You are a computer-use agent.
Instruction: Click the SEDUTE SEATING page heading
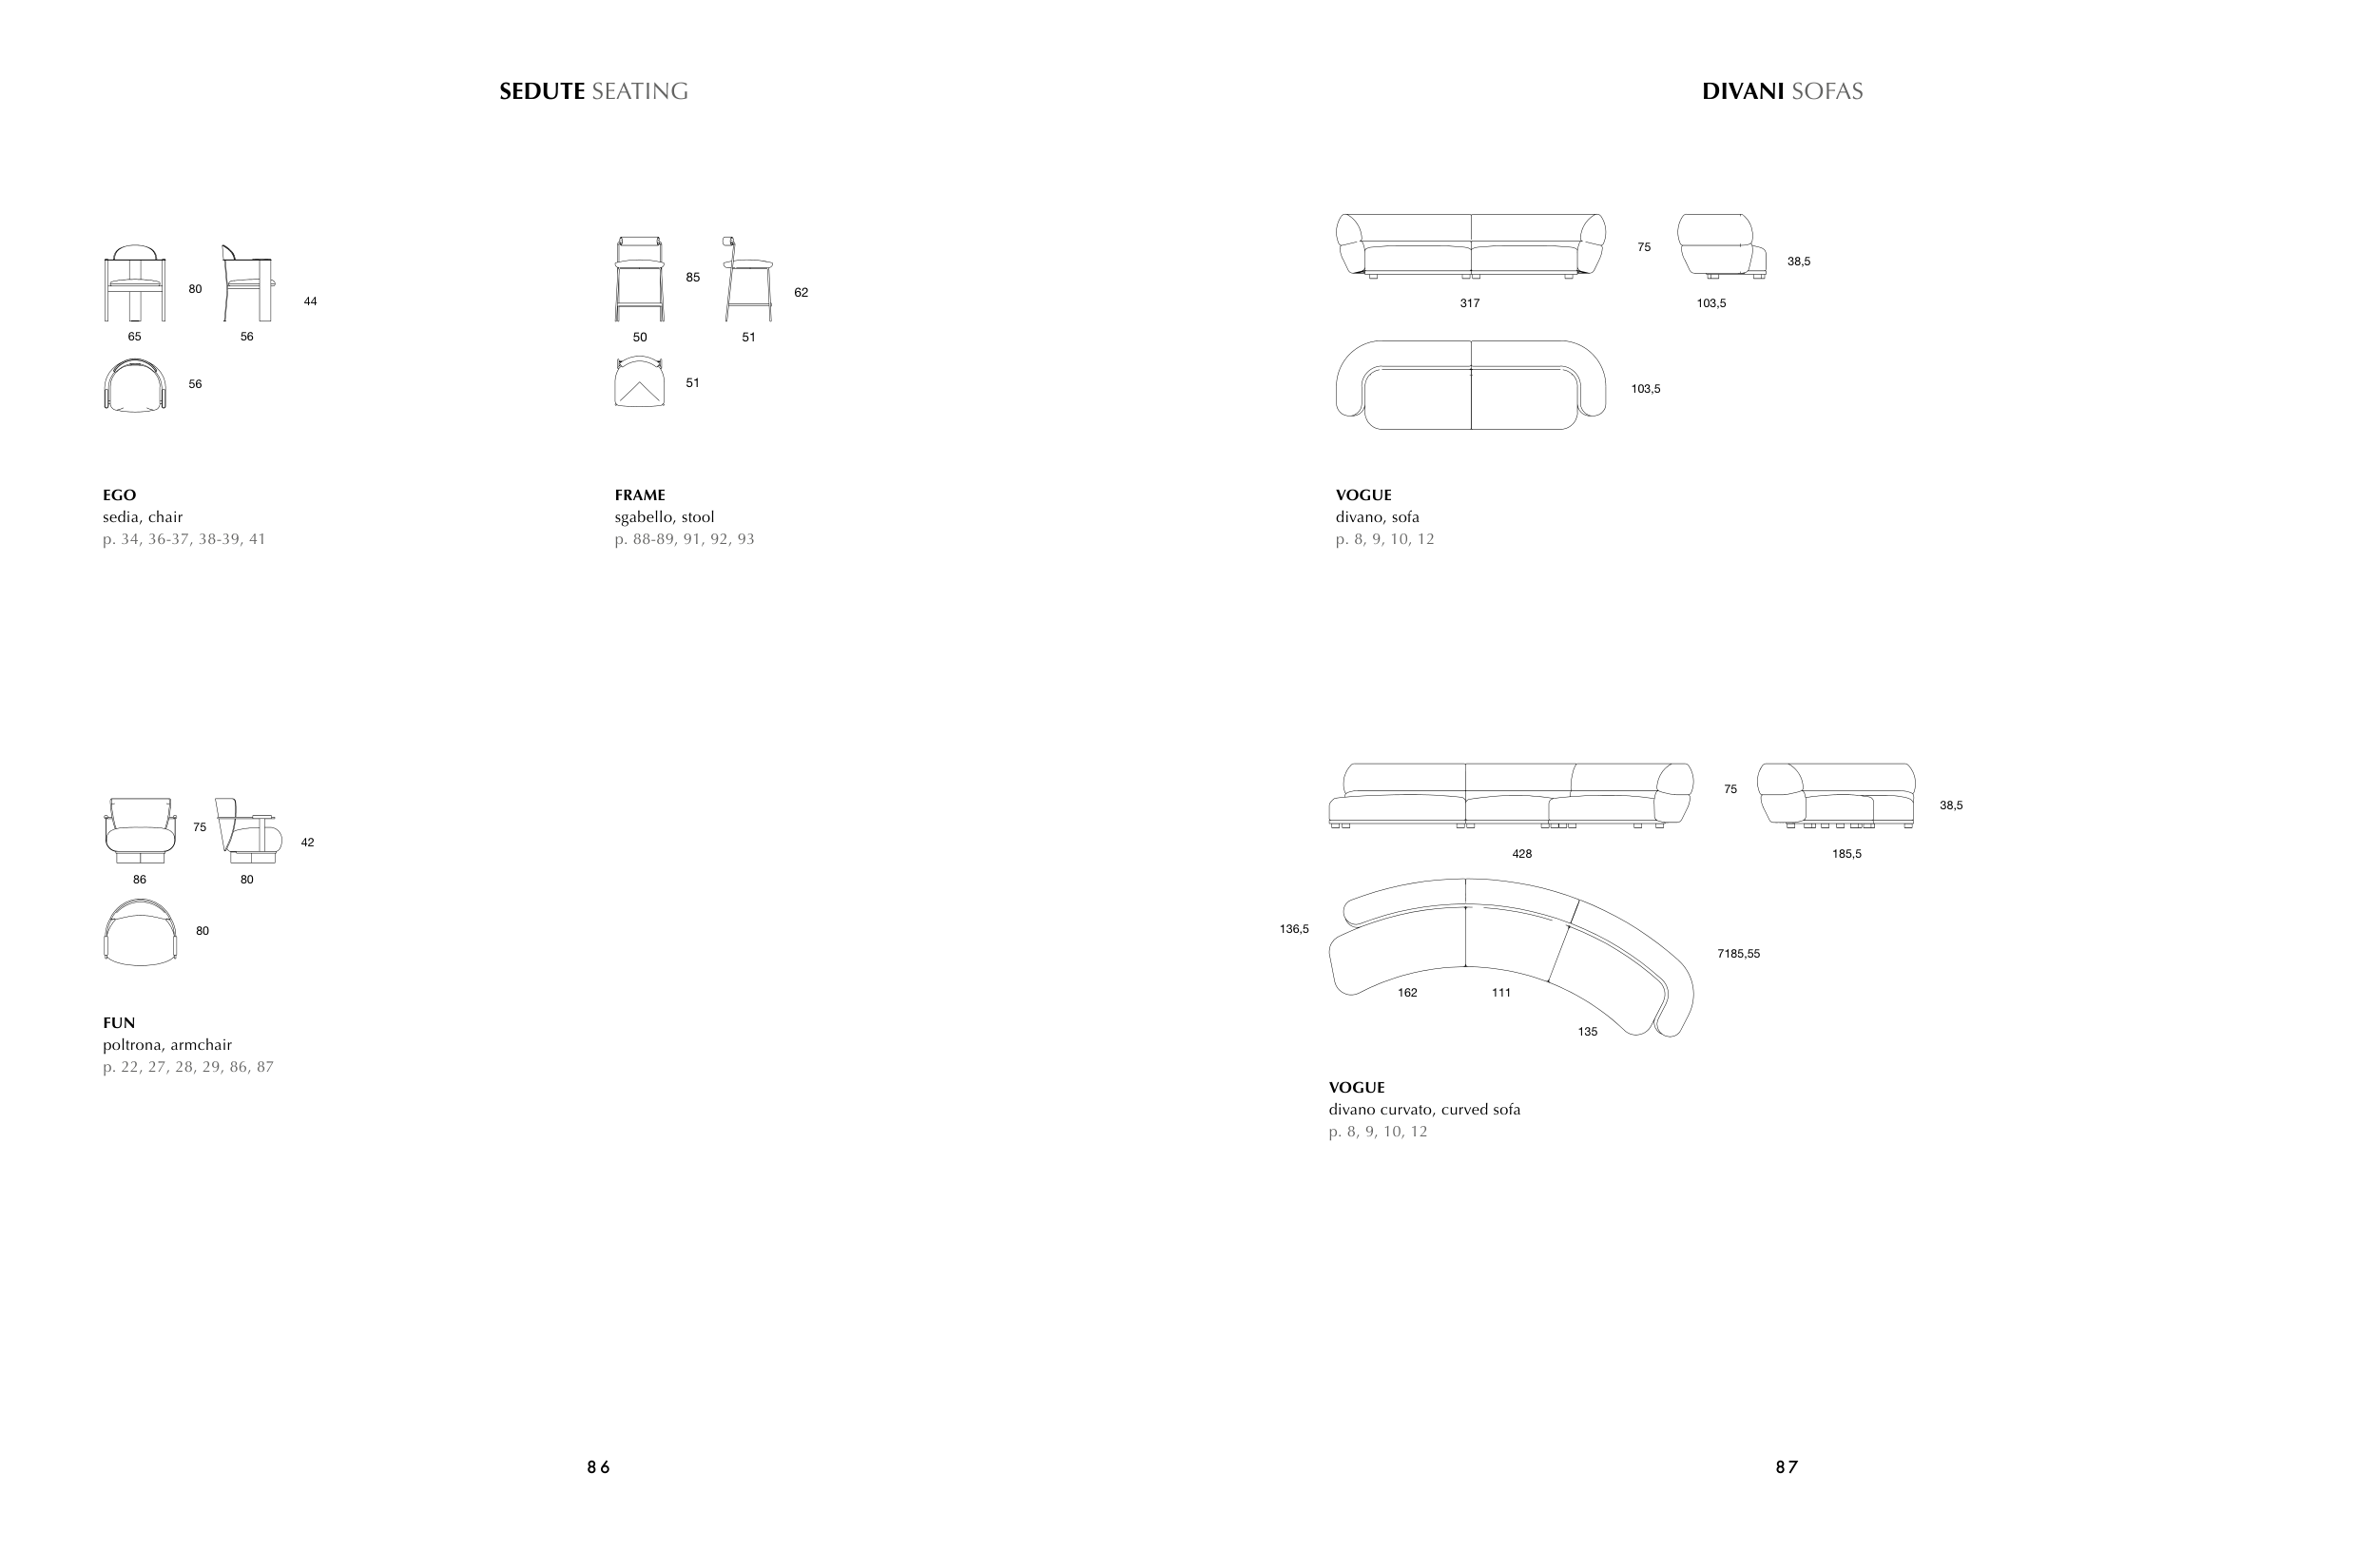click(x=593, y=91)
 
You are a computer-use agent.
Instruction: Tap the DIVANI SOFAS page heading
click(x=1782, y=91)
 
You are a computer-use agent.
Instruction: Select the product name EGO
click(x=119, y=494)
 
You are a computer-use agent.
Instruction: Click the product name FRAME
click(x=639, y=494)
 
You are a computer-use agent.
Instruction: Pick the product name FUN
click(x=119, y=1022)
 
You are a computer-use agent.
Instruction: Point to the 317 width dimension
click(x=1469, y=302)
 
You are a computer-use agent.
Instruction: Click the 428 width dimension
click(x=1521, y=854)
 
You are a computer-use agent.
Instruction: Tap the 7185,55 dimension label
click(x=1738, y=954)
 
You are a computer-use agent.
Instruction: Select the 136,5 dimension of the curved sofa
click(x=1293, y=929)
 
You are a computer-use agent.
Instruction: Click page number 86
click(x=598, y=1467)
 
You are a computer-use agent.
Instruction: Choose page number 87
click(x=1787, y=1467)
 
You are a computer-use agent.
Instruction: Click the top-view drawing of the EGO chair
click(x=135, y=384)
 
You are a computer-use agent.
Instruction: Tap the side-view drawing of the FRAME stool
click(x=748, y=279)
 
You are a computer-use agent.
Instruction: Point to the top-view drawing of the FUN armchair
click(x=140, y=932)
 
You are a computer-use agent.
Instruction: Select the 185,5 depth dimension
click(x=1846, y=854)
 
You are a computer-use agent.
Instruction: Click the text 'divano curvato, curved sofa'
click(x=1424, y=1110)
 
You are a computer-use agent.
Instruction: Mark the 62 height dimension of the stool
click(x=801, y=293)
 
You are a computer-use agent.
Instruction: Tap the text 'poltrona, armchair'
click(x=166, y=1045)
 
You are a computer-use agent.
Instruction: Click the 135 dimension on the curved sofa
click(x=1587, y=1032)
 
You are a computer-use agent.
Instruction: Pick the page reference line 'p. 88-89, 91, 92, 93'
click(x=685, y=539)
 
